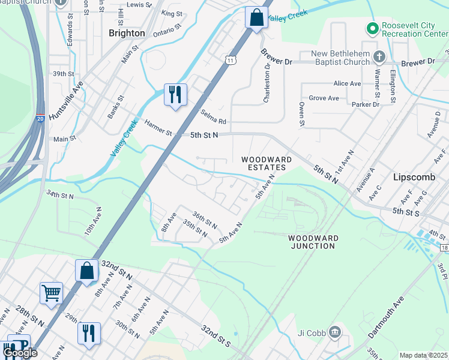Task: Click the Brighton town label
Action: click(127, 33)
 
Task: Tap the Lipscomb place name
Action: click(414, 178)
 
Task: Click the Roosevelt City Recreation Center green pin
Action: click(372, 28)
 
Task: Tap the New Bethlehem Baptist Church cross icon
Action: click(379, 56)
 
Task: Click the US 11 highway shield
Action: click(231, 59)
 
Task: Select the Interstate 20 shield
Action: click(40, 119)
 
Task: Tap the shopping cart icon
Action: click(51, 293)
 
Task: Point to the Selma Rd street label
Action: click(213, 117)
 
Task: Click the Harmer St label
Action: click(158, 127)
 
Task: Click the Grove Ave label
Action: click(324, 98)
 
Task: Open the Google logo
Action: click(20, 353)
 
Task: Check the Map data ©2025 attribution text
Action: click(423, 355)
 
